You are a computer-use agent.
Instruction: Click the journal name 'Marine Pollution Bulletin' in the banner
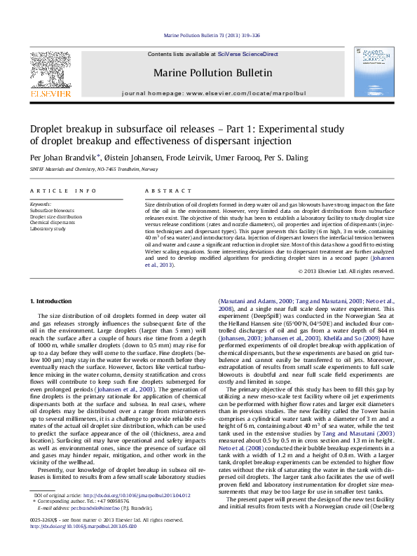point(209,72)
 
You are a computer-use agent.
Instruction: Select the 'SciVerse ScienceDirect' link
point(247,54)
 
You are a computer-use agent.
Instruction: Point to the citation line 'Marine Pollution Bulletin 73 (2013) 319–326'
point(208,34)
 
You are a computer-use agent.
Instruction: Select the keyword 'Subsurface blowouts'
point(53,210)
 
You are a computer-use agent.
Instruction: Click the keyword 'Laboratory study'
point(48,229)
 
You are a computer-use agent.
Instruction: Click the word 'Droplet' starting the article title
point(49,129)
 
